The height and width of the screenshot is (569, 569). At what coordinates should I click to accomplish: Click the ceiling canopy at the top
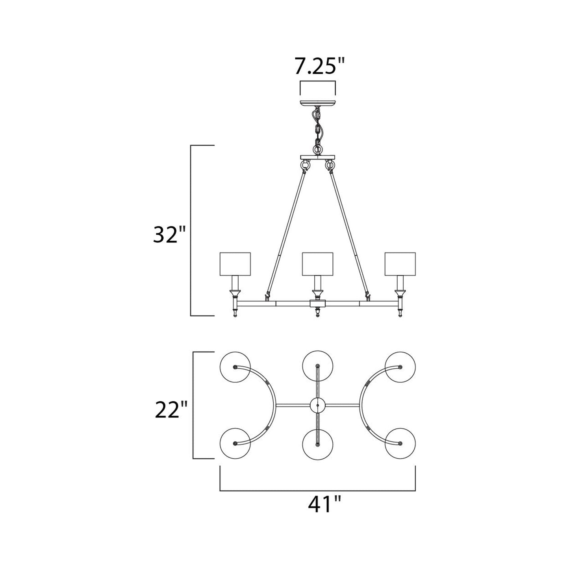318,104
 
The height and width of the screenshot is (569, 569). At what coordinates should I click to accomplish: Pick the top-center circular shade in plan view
318,366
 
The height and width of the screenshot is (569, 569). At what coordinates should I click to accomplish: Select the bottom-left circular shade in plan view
235,443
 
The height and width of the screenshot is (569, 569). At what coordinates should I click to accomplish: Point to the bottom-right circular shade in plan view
400,443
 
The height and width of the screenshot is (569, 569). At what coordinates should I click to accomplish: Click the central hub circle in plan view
318,405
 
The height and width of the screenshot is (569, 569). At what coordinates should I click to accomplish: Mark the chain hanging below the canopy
317,128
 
